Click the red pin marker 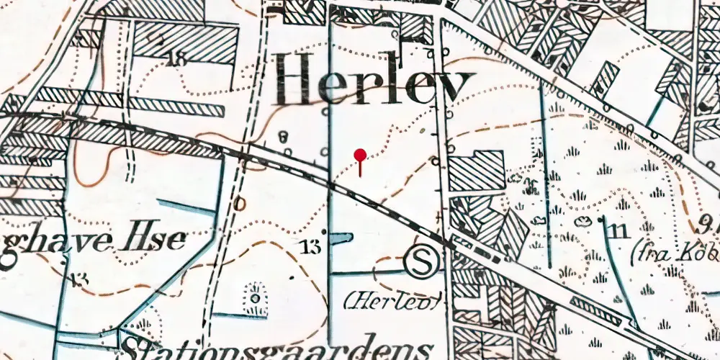point(360,155)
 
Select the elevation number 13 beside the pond point(311,248)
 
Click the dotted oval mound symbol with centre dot point(254,297)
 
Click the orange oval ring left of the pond point(240,204)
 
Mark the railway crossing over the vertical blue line point(330,185)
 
